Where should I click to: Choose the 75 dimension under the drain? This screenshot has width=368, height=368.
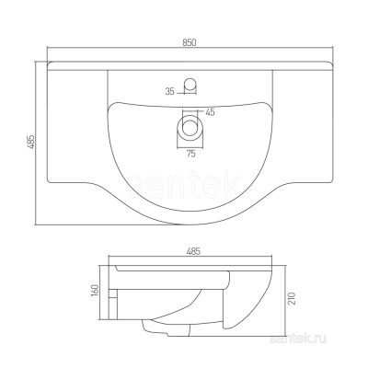[190, 155]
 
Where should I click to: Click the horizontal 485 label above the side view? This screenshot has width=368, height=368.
[194, 251]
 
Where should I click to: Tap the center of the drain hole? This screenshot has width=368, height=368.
[190, 123]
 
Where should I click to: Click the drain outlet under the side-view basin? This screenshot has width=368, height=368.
[152, 327]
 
